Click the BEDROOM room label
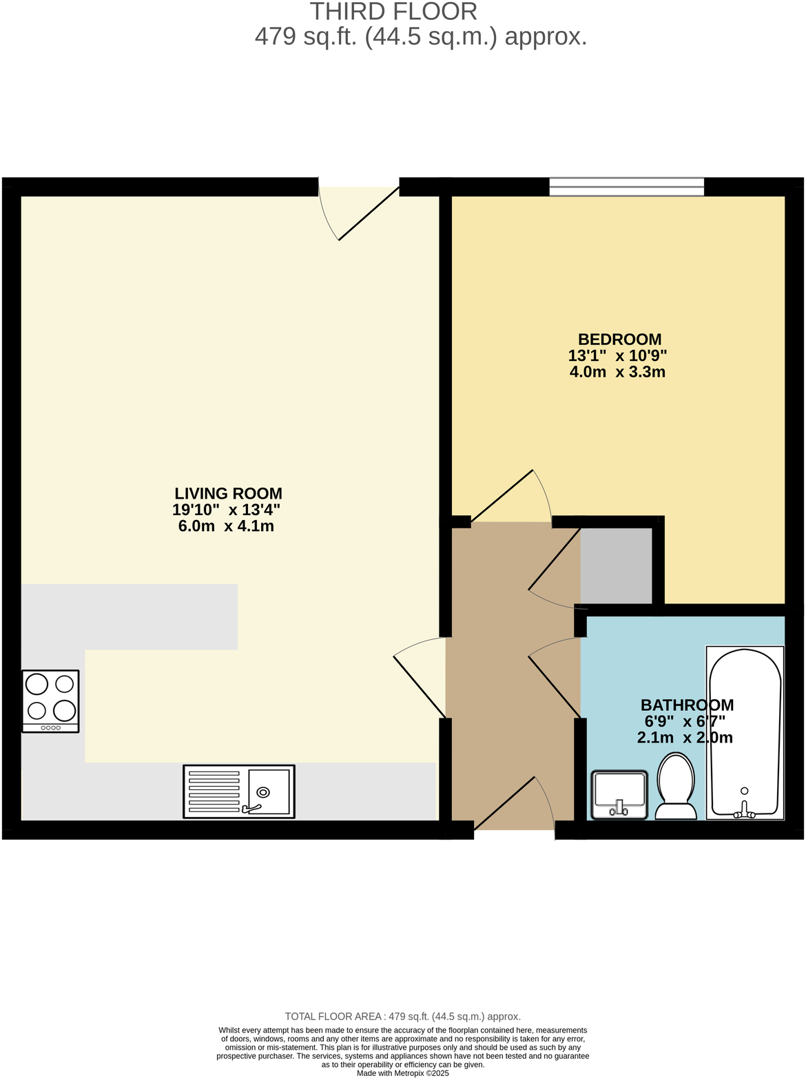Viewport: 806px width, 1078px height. [x=619, y=339]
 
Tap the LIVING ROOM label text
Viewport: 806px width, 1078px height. [x=228, y=493]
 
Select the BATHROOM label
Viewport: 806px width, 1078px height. [x=687, y=705]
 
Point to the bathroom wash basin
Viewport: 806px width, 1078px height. [x=619, y=794]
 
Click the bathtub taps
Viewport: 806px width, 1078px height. [x=744, y=811]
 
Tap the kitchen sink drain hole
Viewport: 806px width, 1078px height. [x=263, y=792]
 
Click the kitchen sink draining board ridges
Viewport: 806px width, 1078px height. [x=214, y=791]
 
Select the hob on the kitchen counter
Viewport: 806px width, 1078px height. [x=50, y=701]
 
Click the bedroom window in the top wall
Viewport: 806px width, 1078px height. [x=626, y=186]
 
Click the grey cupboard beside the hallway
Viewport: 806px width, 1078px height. [x=617, y=566]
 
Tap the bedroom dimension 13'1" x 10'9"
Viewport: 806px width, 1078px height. [x=617, y=356]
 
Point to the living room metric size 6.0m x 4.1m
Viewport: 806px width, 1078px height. [x=226, y=526]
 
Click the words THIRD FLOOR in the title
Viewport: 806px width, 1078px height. [x=393, y=12]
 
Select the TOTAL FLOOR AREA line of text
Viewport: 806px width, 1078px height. [x=403, y=1016]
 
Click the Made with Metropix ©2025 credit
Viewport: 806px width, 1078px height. [x=403, y=1073]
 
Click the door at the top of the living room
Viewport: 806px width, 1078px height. [x=368, y=214]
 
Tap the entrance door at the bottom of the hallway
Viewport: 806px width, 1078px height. [x=505, y=802]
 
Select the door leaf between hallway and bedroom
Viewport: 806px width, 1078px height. [x=502, y=495]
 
